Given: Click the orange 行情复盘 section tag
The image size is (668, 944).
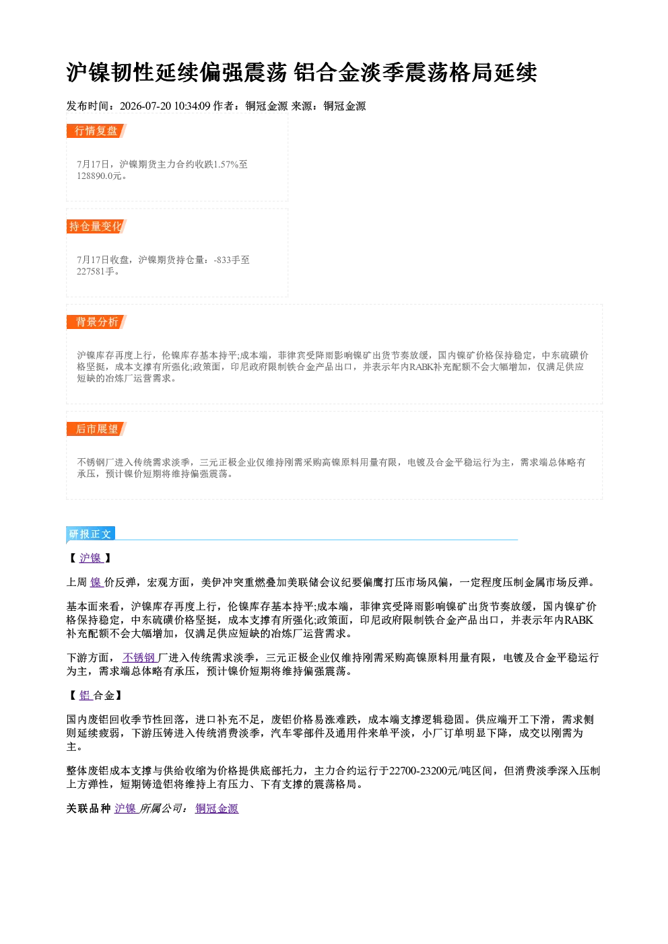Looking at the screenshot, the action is click(96, 131).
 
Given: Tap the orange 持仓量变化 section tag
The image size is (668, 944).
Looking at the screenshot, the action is click(96, 226).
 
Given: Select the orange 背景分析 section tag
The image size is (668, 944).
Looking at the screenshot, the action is click(96, 322).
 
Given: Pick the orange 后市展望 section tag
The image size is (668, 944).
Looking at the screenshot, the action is click(96, 429).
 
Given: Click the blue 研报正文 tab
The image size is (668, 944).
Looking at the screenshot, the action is click(91, 534).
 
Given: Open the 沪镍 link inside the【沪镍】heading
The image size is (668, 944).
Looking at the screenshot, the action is click(91, 558).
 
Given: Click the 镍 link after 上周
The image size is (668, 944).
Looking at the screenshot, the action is click(96, 582).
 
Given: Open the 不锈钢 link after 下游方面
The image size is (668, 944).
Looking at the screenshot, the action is click(139, 657).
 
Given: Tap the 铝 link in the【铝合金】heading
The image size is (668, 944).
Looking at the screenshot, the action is click(86, 695).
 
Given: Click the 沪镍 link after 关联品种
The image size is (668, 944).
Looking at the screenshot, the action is click(126, 808).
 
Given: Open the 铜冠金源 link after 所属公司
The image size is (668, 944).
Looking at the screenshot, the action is click(217, 808).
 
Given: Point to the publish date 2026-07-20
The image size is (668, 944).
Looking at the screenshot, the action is click(145, 106).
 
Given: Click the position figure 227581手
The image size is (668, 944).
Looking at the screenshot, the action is click(96, 271).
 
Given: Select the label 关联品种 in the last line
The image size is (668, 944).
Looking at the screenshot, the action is click(89, 808).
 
